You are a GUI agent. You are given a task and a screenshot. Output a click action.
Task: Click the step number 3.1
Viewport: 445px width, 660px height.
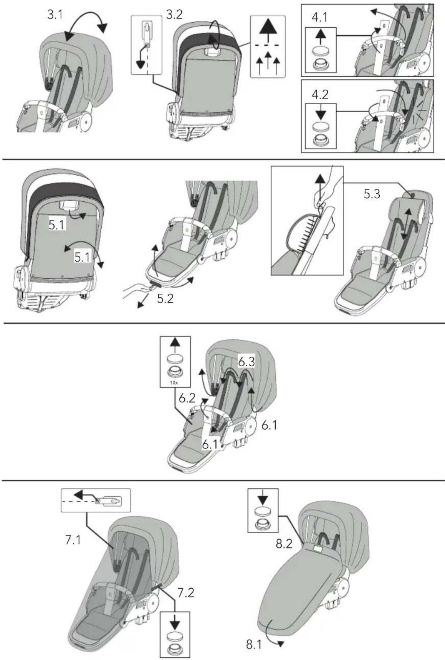click(55, 15)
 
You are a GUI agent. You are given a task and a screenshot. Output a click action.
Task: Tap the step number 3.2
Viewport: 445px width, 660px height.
click(174, 15)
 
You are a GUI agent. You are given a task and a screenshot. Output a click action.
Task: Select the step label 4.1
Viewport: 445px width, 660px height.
click(320, 18)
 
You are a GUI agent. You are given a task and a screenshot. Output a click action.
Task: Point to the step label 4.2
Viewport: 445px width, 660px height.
click(320, 94)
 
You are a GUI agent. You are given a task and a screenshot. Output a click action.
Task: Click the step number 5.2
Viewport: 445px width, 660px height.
click(165, 298)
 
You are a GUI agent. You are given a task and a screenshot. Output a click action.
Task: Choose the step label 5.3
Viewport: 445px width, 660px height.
click(372, 194)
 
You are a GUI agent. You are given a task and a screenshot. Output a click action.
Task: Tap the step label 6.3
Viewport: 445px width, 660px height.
click(246, 361)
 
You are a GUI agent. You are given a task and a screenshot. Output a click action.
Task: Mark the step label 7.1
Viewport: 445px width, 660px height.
click(73, 540)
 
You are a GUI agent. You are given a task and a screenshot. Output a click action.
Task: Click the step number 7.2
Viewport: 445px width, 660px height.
click(185, 593)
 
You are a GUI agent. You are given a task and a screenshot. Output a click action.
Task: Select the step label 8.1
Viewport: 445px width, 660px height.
click(254, 645)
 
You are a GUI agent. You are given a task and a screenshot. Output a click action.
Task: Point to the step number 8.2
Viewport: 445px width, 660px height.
click(284, 544)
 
